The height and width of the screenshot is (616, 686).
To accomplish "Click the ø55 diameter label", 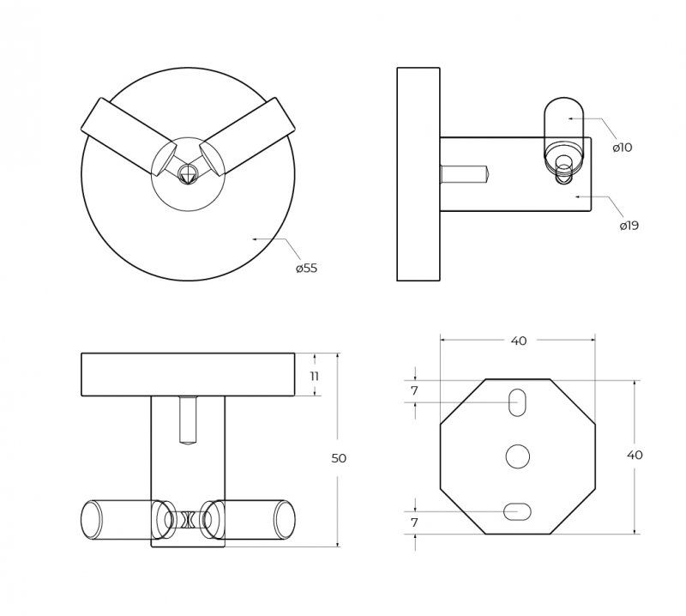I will (306, 268).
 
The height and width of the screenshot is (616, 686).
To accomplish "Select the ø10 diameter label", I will (623, 147).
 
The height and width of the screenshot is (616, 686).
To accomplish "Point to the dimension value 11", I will (314, 376).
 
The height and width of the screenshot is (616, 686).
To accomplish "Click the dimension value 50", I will (339, 458).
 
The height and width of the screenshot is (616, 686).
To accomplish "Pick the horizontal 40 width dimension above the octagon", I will (518, 341).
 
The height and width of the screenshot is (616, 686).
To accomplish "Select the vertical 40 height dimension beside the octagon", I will (635, 456).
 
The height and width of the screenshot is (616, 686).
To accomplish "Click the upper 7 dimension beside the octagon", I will (414, 390).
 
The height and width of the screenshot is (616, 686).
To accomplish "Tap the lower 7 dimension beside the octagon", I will (414, 522).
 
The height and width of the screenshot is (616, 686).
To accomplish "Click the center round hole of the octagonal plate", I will (518, 456).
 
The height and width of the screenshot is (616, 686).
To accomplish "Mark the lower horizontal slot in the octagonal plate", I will (518, 511).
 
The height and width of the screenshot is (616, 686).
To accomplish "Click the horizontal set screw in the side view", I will (464, 173).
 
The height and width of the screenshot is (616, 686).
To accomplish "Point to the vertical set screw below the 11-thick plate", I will (188, 420).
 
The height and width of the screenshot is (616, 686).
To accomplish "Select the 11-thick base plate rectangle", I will (188, 375).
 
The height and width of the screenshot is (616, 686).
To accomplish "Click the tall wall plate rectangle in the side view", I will (418, 174).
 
